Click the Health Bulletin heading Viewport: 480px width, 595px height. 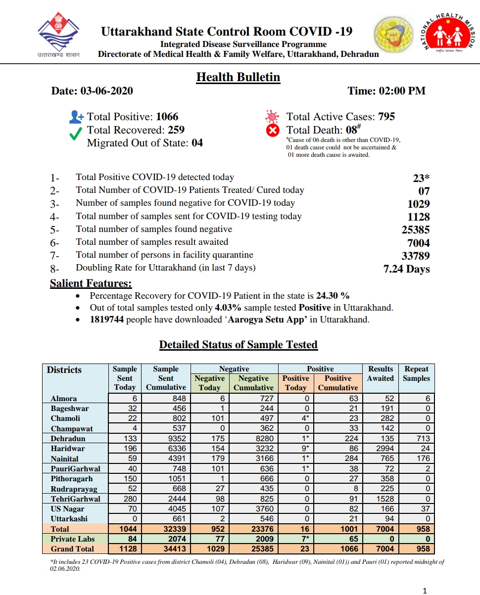pos(238,77)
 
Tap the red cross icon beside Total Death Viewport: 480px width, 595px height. pos(273,131)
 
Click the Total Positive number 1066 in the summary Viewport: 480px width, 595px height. pos(167,117)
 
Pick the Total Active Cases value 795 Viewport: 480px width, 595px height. pos(386,117)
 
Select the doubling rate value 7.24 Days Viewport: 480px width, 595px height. pos(406,269)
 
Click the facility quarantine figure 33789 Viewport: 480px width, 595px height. pos(415,256)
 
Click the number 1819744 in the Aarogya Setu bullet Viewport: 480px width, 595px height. pos(106,320)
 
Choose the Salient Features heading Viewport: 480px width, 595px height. pos(91,283)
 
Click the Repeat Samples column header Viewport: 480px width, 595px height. pos(416,373)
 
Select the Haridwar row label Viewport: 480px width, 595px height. pos(67,449)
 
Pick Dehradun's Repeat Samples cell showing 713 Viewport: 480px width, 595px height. pos(423,438)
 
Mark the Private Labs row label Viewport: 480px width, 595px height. pos(72,539)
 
